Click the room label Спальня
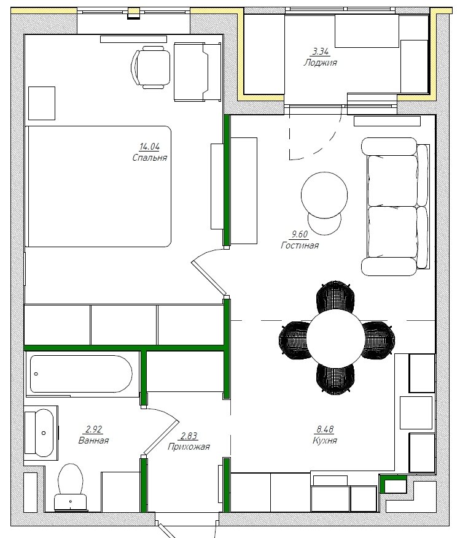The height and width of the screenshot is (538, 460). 150,158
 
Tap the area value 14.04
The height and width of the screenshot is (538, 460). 149,147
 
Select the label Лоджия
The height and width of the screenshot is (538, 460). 320,63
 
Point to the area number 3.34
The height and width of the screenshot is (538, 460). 321,52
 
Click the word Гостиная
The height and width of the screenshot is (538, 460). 300,245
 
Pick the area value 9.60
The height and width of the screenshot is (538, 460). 300,234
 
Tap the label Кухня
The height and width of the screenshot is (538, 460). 325,440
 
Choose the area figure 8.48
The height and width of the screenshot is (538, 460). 325,429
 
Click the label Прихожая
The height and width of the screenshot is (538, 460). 189,447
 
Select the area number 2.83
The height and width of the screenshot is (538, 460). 189,436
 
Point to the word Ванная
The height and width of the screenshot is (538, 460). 93,440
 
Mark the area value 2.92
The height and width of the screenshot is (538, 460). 94,429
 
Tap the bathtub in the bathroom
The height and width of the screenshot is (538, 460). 81,374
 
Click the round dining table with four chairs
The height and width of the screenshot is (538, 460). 336,338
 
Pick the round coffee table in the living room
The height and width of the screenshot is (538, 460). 324,195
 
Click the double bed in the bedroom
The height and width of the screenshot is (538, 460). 98,186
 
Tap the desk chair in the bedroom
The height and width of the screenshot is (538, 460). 151,67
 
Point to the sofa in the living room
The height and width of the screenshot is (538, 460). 395,207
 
